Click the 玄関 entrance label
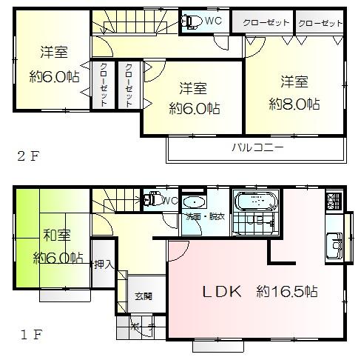coord(144,297)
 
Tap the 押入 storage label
coord(102,264)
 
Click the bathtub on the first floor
coord(254,201)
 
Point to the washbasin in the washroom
coord(194,202)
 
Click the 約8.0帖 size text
coord(294,104)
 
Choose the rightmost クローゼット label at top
coord(321,23)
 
